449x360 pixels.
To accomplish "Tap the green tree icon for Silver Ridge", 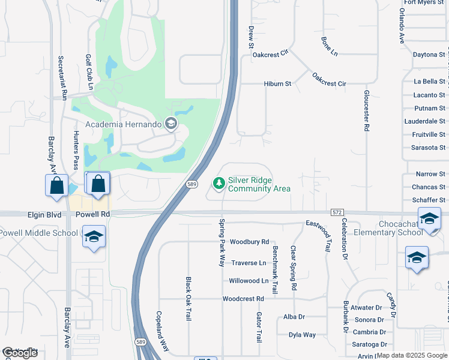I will (x=219, y=182).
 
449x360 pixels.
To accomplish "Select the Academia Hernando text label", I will (x=124, y=124).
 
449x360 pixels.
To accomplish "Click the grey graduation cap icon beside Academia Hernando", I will (x=171, y=124).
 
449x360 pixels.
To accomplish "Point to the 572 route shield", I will (x=337, y=212).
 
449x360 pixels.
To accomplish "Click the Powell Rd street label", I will (x=89, y=214).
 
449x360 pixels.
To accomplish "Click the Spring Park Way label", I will (x=221, y=244).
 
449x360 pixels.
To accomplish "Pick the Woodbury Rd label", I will (x=249, y=242).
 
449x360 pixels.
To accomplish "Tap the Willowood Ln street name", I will (x=249, y=281).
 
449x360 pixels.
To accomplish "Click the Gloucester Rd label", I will (x=366, y=110).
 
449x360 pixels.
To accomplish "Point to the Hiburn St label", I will (x=277, y=84).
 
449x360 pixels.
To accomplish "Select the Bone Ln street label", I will (x=330, y=46).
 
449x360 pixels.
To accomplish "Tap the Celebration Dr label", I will (x=345, y=238).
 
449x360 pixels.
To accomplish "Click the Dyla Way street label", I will (x=302, y=335).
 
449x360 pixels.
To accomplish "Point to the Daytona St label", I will (x=429, y=55).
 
